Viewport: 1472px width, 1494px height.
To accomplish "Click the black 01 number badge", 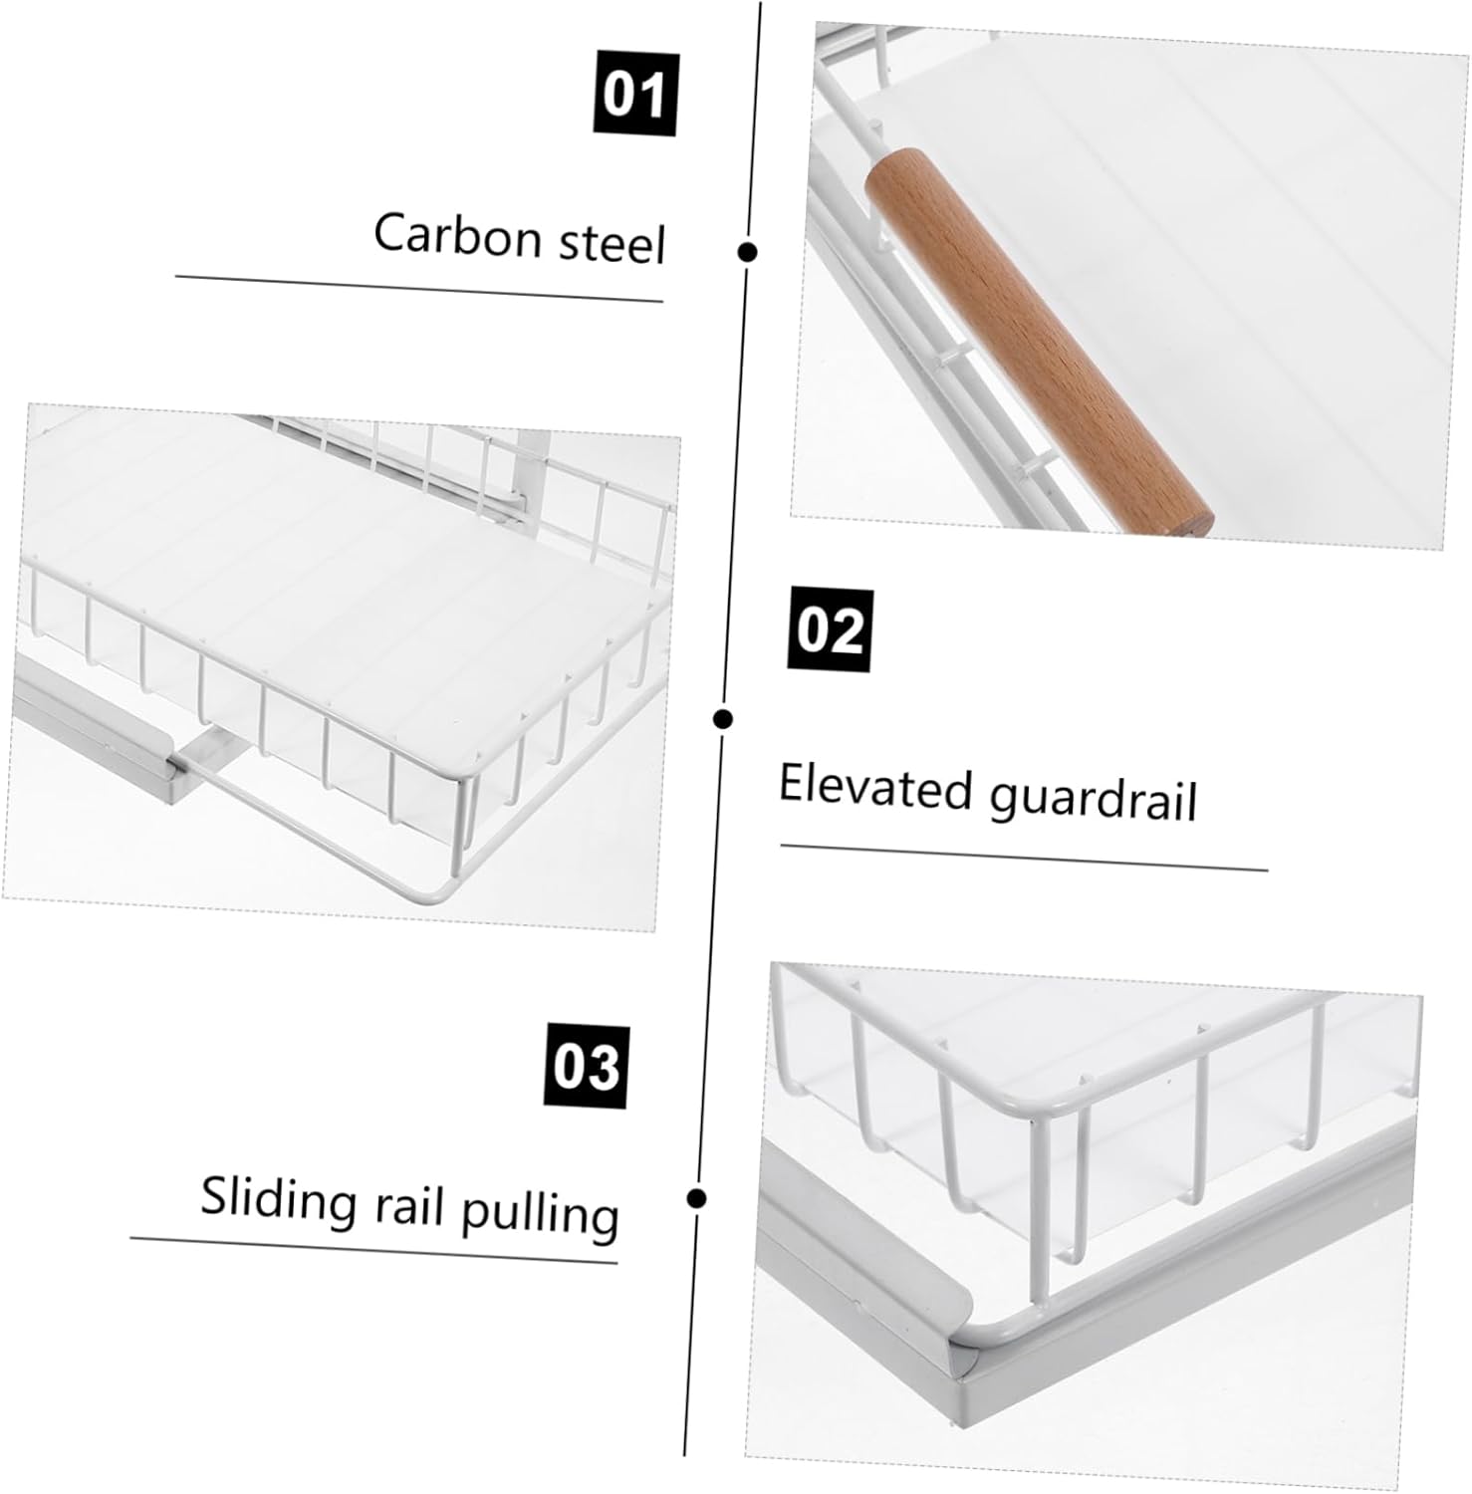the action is (634, 96).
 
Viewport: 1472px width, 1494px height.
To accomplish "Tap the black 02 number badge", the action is (831, 630).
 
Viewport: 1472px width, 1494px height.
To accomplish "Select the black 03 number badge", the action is (586, 1066).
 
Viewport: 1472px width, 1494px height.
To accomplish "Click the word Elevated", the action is (874, 787).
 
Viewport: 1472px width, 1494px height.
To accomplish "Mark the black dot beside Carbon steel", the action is (748, 252).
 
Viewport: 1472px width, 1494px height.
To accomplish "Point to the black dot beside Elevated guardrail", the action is (724, 718).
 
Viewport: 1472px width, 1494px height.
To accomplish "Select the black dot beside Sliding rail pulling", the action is (697, 1197).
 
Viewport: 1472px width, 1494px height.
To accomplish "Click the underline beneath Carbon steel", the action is (418, 288).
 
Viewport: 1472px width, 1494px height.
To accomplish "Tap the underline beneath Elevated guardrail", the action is (1023, 858).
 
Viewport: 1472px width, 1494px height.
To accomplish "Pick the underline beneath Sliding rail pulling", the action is (373, 1251).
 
